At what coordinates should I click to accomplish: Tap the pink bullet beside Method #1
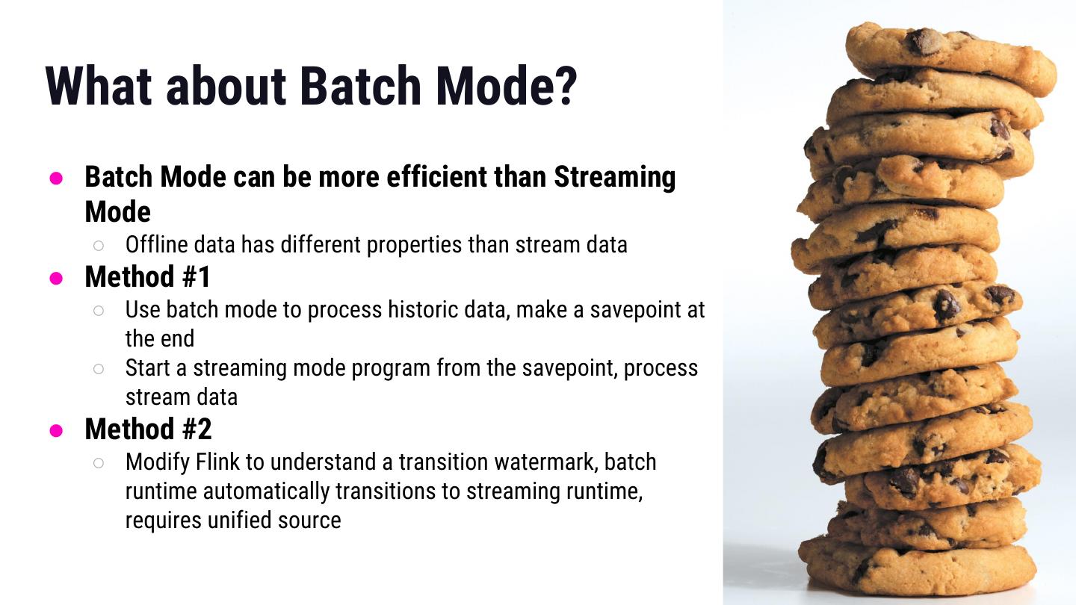click(x=56, y=278)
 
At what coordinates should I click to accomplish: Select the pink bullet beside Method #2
click(x=56, y=430)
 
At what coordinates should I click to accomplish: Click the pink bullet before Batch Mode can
click(x=56, y=178)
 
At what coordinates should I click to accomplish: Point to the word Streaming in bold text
click(x=615, y=178)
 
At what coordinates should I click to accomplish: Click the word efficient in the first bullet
click(x=436, y=177)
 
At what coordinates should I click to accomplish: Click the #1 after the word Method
click(x=196, y=277)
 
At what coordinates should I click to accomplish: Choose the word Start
click(x=147, y=368)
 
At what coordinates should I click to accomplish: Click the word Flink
click(x=217, y=462)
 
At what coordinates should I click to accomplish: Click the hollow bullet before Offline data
click(x=99, y=246)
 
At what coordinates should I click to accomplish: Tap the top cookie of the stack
click(x=950, y=58)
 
